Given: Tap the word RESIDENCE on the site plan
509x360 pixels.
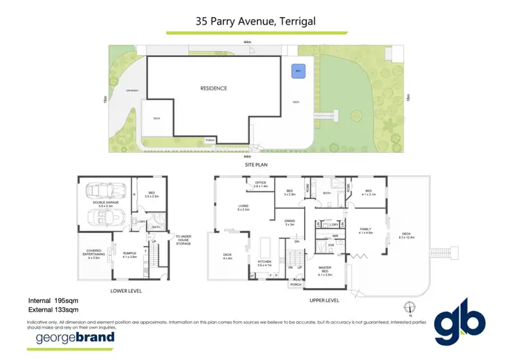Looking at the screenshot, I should (x=213, y=88).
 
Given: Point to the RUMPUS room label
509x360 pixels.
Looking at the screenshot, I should (x=129, y=254).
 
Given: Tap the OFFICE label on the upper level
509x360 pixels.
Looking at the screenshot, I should (x=261, y=183).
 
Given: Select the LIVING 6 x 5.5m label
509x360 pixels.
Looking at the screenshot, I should (x=244, y=207).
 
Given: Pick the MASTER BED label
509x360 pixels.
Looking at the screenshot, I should (x=324, y=272).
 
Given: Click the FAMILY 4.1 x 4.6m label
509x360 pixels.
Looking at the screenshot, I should (x=366, y=232).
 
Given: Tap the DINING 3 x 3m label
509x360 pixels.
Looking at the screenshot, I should (x=290, y=221).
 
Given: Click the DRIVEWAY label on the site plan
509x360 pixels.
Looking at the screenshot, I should (x=124, y=91).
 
